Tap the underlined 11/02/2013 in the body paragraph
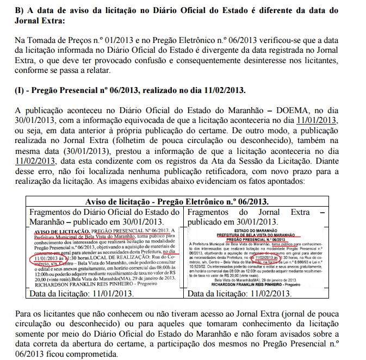(x=36, y=160)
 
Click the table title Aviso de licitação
(x=122, y=202)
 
